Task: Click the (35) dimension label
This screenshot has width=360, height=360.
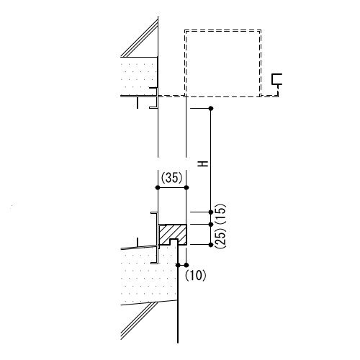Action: coord(171,178)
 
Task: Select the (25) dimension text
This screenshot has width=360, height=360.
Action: coord(220,238)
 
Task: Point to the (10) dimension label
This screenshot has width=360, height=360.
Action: coord(195,275)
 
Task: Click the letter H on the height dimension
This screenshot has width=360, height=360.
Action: coord(203,164)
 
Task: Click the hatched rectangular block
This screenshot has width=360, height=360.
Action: coord(173,235)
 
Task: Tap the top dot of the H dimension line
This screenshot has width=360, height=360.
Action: coord(211,109)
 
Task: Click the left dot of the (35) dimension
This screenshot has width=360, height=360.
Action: coord(158,187)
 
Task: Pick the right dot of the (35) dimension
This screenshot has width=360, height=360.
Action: coord(186,187)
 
